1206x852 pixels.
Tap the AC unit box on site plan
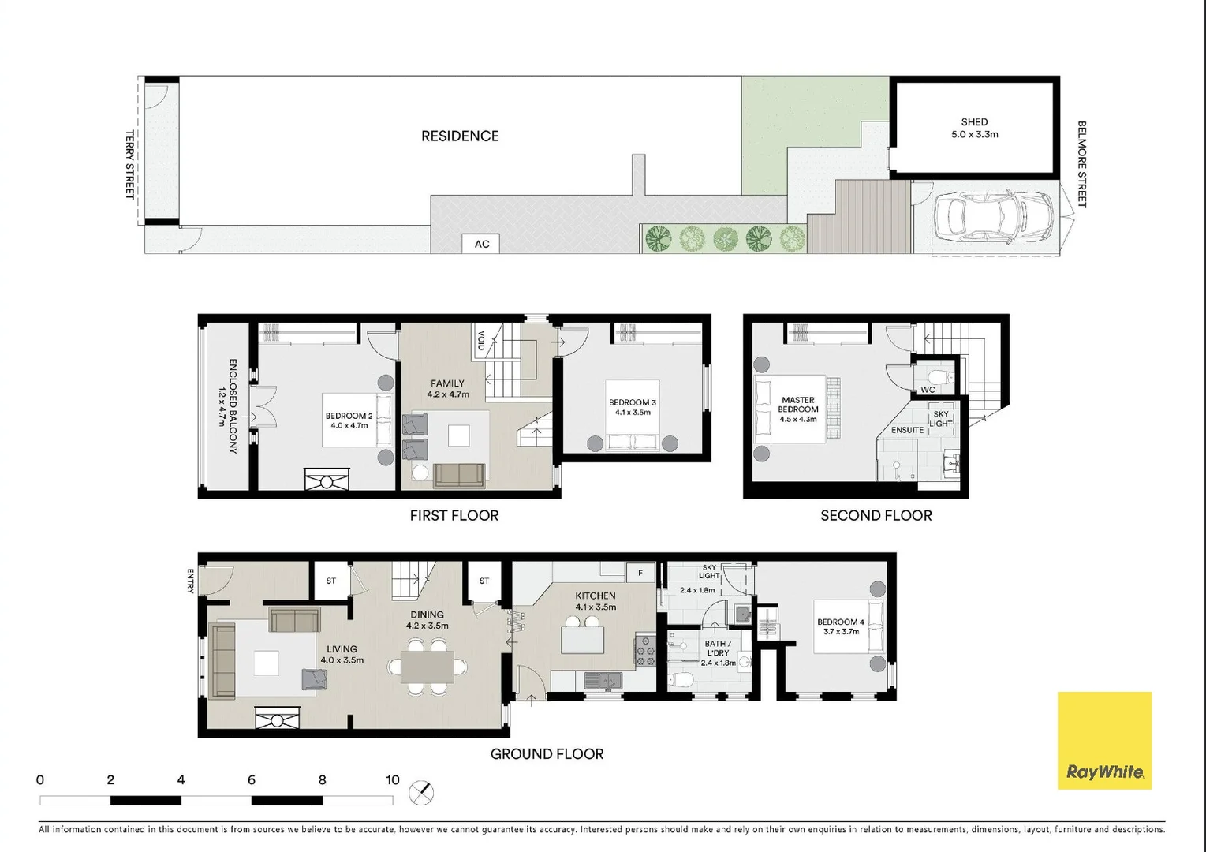coord(481,244)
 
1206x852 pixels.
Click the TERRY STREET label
coord(130,164)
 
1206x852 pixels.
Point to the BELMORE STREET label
coord(1081,164)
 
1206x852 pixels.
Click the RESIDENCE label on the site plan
coord(460,136)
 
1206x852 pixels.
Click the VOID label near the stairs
coord(480,341)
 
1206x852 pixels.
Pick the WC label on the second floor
coord(928,390)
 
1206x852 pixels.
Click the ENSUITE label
coord(907,430)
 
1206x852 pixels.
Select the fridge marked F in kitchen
coord(640,573)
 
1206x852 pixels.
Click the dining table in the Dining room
coord(428,667)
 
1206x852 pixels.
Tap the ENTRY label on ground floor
coord(191,580)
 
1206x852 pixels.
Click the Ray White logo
coord(1104,740)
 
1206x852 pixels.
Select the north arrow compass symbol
coord(422,793)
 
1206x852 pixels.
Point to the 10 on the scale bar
coord(393,780)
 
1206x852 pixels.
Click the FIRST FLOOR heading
coord(454,516)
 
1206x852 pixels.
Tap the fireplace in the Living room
coord(278,719)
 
